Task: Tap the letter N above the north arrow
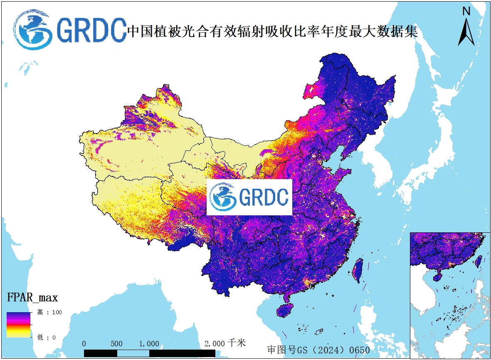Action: (466, 11)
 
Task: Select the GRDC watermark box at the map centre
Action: (249, 197)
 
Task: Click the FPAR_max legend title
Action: (32, 298)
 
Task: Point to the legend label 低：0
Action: (46, 338)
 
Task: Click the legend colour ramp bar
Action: (18, 324)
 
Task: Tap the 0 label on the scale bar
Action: (84, 344)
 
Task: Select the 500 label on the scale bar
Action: (116, 344)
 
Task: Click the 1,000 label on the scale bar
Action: (149, 344)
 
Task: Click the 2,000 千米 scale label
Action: (225, 343)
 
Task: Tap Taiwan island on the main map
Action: (357, 270)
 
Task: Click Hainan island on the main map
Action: (285, 311)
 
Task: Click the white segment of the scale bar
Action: (133, 353)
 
